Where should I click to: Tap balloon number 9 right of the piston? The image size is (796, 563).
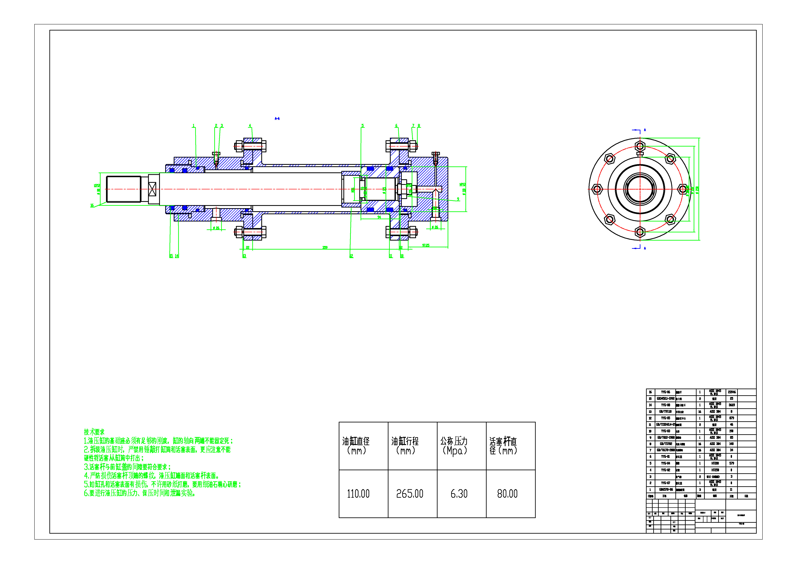point(458,199)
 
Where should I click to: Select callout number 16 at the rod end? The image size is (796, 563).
point(92,205)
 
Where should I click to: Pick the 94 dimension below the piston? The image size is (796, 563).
point(379,217)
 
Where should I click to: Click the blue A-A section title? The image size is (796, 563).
point(277,119)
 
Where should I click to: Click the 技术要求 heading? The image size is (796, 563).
point(94,432)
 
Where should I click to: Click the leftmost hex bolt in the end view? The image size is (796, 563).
point(597,189)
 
